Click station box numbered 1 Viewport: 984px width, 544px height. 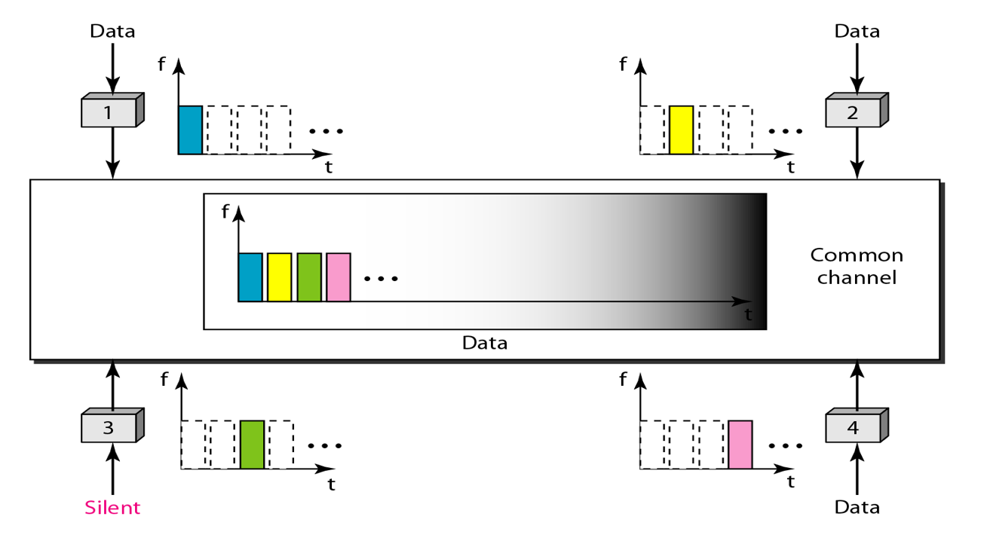[x=108, y=113]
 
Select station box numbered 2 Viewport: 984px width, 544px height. [x=853, y=113]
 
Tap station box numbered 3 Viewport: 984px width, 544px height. [x=108, y=428]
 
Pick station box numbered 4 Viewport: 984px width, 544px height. [x=853, y=428]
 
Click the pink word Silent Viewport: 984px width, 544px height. [x=112, y=507]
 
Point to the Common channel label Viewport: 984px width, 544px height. [x=857, y=266]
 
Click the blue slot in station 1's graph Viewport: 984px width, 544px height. [x=190, y=130]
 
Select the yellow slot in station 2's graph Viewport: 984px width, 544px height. [x=681, y=130]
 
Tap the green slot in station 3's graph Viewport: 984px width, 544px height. [x=252, y=445]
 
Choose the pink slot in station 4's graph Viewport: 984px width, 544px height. [x=740, y=445]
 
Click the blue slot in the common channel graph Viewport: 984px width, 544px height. [x=250, y=277]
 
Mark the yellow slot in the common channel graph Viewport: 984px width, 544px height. [x=279, y=277]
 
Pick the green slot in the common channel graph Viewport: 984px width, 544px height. [x=309, y=277]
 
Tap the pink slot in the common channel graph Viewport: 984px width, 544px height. [x=339, y=277]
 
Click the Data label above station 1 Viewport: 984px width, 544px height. [x=112, y=31]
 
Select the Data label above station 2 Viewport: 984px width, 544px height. [x=857, y=31]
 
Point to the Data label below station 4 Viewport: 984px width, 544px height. [x=857, y=507]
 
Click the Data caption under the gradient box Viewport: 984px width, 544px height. [x=485, y=343]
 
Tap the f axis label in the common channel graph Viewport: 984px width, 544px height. [x=225, y=212]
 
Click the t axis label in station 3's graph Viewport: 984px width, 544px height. [x=331, y=484]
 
